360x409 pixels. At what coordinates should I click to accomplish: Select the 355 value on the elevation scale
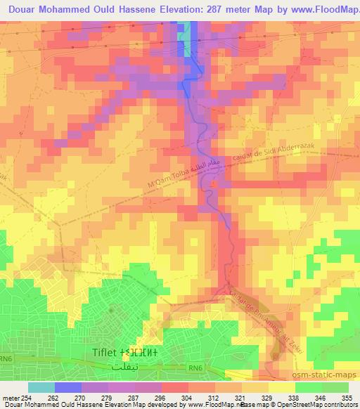(x=347, y=398)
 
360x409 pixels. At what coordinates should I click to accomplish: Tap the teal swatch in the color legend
(x=41, y=387)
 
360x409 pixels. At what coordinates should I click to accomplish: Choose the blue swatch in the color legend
(x=67, y=387)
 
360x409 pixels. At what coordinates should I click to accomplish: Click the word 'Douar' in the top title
(x=25, y=10)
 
